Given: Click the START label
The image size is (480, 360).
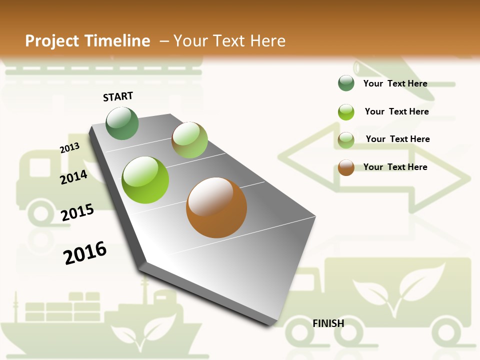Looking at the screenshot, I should click(x=118, y=96).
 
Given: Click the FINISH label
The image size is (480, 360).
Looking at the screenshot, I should click(x=328, y=323).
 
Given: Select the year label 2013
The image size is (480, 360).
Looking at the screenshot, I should click(x=69, y=148).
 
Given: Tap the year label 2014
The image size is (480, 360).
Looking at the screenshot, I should click(x=73, y=177).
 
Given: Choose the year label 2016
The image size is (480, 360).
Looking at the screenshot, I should click(x=85, y=252).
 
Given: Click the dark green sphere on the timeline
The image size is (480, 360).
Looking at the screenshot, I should click(x=122, y=123).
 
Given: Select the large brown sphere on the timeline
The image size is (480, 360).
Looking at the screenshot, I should click(x=216, y=207).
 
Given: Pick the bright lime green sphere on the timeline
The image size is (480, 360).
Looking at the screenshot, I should click(x=145, y=180).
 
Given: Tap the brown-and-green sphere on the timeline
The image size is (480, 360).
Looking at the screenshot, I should click(x=189, y=140).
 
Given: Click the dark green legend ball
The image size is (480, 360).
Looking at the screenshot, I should click(x=346, y=83).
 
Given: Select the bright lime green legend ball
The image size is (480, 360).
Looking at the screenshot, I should click(x=346, y=112).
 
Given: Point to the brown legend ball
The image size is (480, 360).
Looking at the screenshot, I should click(x=346, y=167).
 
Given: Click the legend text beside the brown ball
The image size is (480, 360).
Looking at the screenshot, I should click(x=395, y=167).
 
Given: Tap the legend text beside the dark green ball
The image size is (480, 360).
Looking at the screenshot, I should click(x=395, y=83).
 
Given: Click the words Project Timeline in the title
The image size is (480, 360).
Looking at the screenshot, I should click(x=87, y=41).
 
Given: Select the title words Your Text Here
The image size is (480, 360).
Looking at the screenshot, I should click(x=229, y=41).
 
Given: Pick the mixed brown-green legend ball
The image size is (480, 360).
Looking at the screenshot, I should click(x=346, y=140).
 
